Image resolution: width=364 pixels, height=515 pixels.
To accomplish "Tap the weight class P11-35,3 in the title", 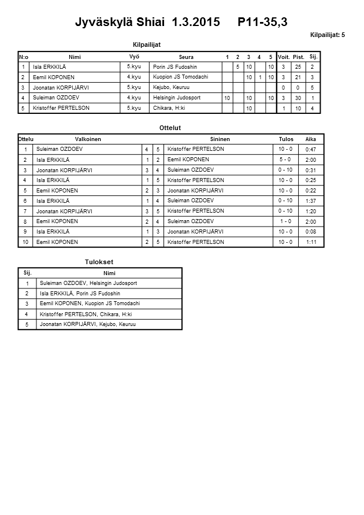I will click(x=262, y=23).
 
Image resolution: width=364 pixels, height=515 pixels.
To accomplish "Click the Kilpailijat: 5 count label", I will click(x=328, y=35).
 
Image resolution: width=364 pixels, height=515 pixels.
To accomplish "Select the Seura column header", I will click(x=186, y=57).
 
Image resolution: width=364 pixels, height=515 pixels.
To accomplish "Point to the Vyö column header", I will click(x=133, y=57).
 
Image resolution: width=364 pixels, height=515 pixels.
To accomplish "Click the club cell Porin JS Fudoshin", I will click(x=175, y=67).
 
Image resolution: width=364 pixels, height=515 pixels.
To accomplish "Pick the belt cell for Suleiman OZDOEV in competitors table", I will click(x=133, y=98).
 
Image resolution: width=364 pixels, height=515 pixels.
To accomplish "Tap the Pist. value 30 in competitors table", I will click(x=298, y=98).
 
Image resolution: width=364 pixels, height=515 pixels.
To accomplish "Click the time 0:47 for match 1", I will click(x=310, y=149).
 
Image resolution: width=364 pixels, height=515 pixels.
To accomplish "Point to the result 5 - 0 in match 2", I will click(x=285, y=160).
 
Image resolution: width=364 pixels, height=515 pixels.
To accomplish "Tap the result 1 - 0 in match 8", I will click(x=285, y=221).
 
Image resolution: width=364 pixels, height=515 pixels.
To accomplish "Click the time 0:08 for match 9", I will click(x=310, y=232).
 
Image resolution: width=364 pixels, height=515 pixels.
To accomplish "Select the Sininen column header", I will click(x=220, y=139).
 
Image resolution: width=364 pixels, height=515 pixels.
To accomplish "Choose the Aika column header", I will click(x=310, y=139).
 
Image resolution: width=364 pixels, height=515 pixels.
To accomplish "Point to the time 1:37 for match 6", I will click(x=310, y=201).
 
